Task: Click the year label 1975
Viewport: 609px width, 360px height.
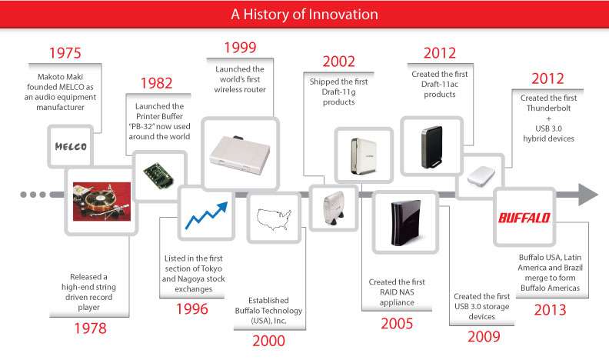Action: click(65, 53)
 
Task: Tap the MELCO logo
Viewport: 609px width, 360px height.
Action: click(71, 146)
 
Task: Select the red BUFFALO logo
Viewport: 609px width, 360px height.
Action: click(524, 218)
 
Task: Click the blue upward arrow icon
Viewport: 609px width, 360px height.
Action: click(206, 215)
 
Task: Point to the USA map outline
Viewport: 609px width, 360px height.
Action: click(275, 219)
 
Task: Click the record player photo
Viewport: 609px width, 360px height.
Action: click(101, 202)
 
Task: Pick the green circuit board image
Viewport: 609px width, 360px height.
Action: click(158, 176)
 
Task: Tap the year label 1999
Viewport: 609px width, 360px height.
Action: click(240, 48)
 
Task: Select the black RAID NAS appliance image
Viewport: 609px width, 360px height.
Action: click(405, 223)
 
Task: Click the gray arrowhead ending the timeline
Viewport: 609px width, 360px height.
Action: click(588, 195)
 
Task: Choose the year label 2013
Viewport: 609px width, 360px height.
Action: click(550, 310)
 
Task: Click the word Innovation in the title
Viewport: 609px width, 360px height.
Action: click(343, 15)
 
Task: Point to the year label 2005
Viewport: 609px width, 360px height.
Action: click(397, 324)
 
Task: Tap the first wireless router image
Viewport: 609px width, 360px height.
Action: click(240, 154)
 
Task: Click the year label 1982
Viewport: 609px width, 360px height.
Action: click(156, 83)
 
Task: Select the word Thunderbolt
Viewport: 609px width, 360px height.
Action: click(548, 108)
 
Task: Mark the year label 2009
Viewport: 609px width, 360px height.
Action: click(484, 337)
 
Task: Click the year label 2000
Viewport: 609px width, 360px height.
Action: click(269, 341)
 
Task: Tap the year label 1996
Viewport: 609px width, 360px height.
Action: click(192, 309)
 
